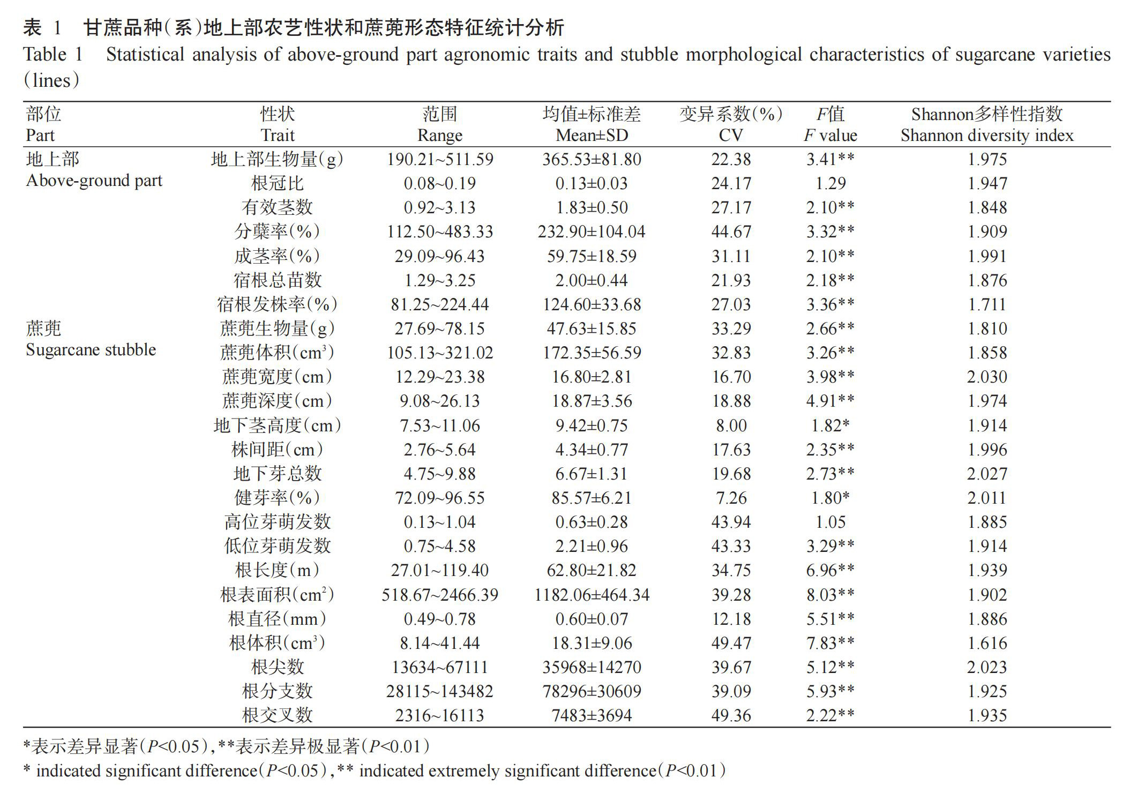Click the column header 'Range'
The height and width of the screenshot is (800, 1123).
439,136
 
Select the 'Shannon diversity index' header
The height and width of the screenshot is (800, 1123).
987,136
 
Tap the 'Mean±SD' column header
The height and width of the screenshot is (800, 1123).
592,136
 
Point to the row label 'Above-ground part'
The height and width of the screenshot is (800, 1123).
94,181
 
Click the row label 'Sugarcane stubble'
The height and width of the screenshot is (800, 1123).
91,350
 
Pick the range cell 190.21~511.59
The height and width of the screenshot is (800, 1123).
439,160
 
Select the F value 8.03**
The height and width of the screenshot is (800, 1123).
830,595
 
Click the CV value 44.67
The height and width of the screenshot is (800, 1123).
731,232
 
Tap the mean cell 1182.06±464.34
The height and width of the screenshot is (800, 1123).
592,595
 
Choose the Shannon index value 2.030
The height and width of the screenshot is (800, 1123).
987,377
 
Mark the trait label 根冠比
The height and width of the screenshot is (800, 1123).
277,184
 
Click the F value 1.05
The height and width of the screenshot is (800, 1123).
830,522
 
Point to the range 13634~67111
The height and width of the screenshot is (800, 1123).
439,668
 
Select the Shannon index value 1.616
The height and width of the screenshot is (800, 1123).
987,643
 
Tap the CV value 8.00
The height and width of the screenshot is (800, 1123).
731,426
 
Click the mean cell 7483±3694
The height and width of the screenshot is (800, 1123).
592,716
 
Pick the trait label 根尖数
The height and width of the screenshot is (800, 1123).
277,668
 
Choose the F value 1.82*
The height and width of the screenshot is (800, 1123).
830,426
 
